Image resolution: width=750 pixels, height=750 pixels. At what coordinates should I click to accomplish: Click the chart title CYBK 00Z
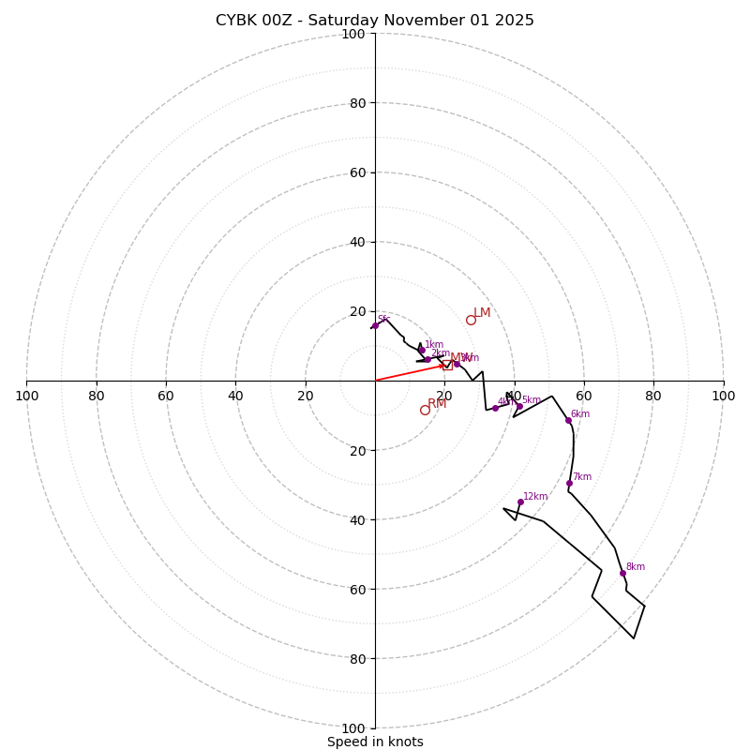click(375, 21)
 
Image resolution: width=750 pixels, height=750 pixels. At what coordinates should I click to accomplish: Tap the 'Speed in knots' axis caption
click(375, 742)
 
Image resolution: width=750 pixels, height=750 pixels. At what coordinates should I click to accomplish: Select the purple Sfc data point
click(375, 325)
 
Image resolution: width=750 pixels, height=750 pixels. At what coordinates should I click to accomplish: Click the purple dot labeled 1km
click(422, 351)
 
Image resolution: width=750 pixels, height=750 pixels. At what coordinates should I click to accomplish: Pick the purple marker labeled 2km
click(427, 359)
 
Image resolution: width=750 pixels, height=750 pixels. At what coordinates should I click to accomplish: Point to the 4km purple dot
click(495, 408)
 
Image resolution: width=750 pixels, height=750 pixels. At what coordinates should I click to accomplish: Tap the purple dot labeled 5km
click(519, 406)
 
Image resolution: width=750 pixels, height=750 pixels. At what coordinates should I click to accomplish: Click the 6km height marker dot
click(568, 420)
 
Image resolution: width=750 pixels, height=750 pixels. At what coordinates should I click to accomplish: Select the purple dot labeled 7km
click(569, 483)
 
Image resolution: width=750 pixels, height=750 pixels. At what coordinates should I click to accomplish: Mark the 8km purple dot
click(622, 573)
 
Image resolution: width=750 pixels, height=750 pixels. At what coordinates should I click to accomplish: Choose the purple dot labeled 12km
click(520, 502)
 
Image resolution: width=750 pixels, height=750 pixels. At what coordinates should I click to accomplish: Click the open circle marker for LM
click(471, 320)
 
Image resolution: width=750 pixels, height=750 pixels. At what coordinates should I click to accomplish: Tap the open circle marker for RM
click(425, 410)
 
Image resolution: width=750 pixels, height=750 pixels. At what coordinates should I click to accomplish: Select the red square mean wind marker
click(447, 365)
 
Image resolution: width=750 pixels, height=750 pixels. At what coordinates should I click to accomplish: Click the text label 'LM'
click(482, 313)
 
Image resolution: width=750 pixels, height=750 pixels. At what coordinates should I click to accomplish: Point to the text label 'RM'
click(437, 403)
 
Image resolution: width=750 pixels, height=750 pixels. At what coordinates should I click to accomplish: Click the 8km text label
click(636, 567)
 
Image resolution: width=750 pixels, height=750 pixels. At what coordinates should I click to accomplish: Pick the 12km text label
click(535, 497)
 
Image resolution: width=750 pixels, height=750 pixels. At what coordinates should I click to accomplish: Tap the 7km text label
click(582, 477)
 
